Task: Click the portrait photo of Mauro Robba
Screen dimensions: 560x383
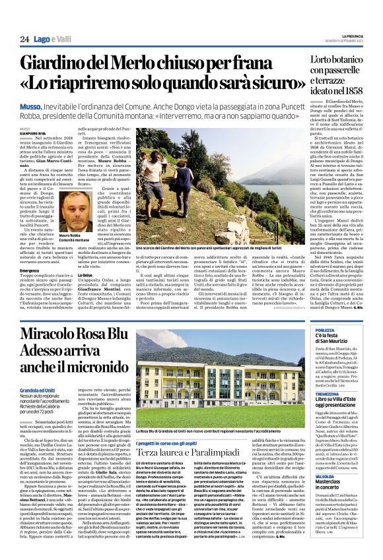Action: [x=77, y=210]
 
